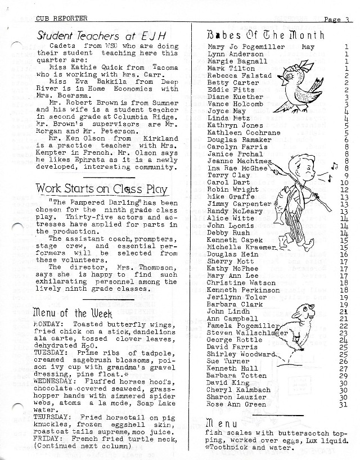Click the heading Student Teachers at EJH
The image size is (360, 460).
coord(100,35)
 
